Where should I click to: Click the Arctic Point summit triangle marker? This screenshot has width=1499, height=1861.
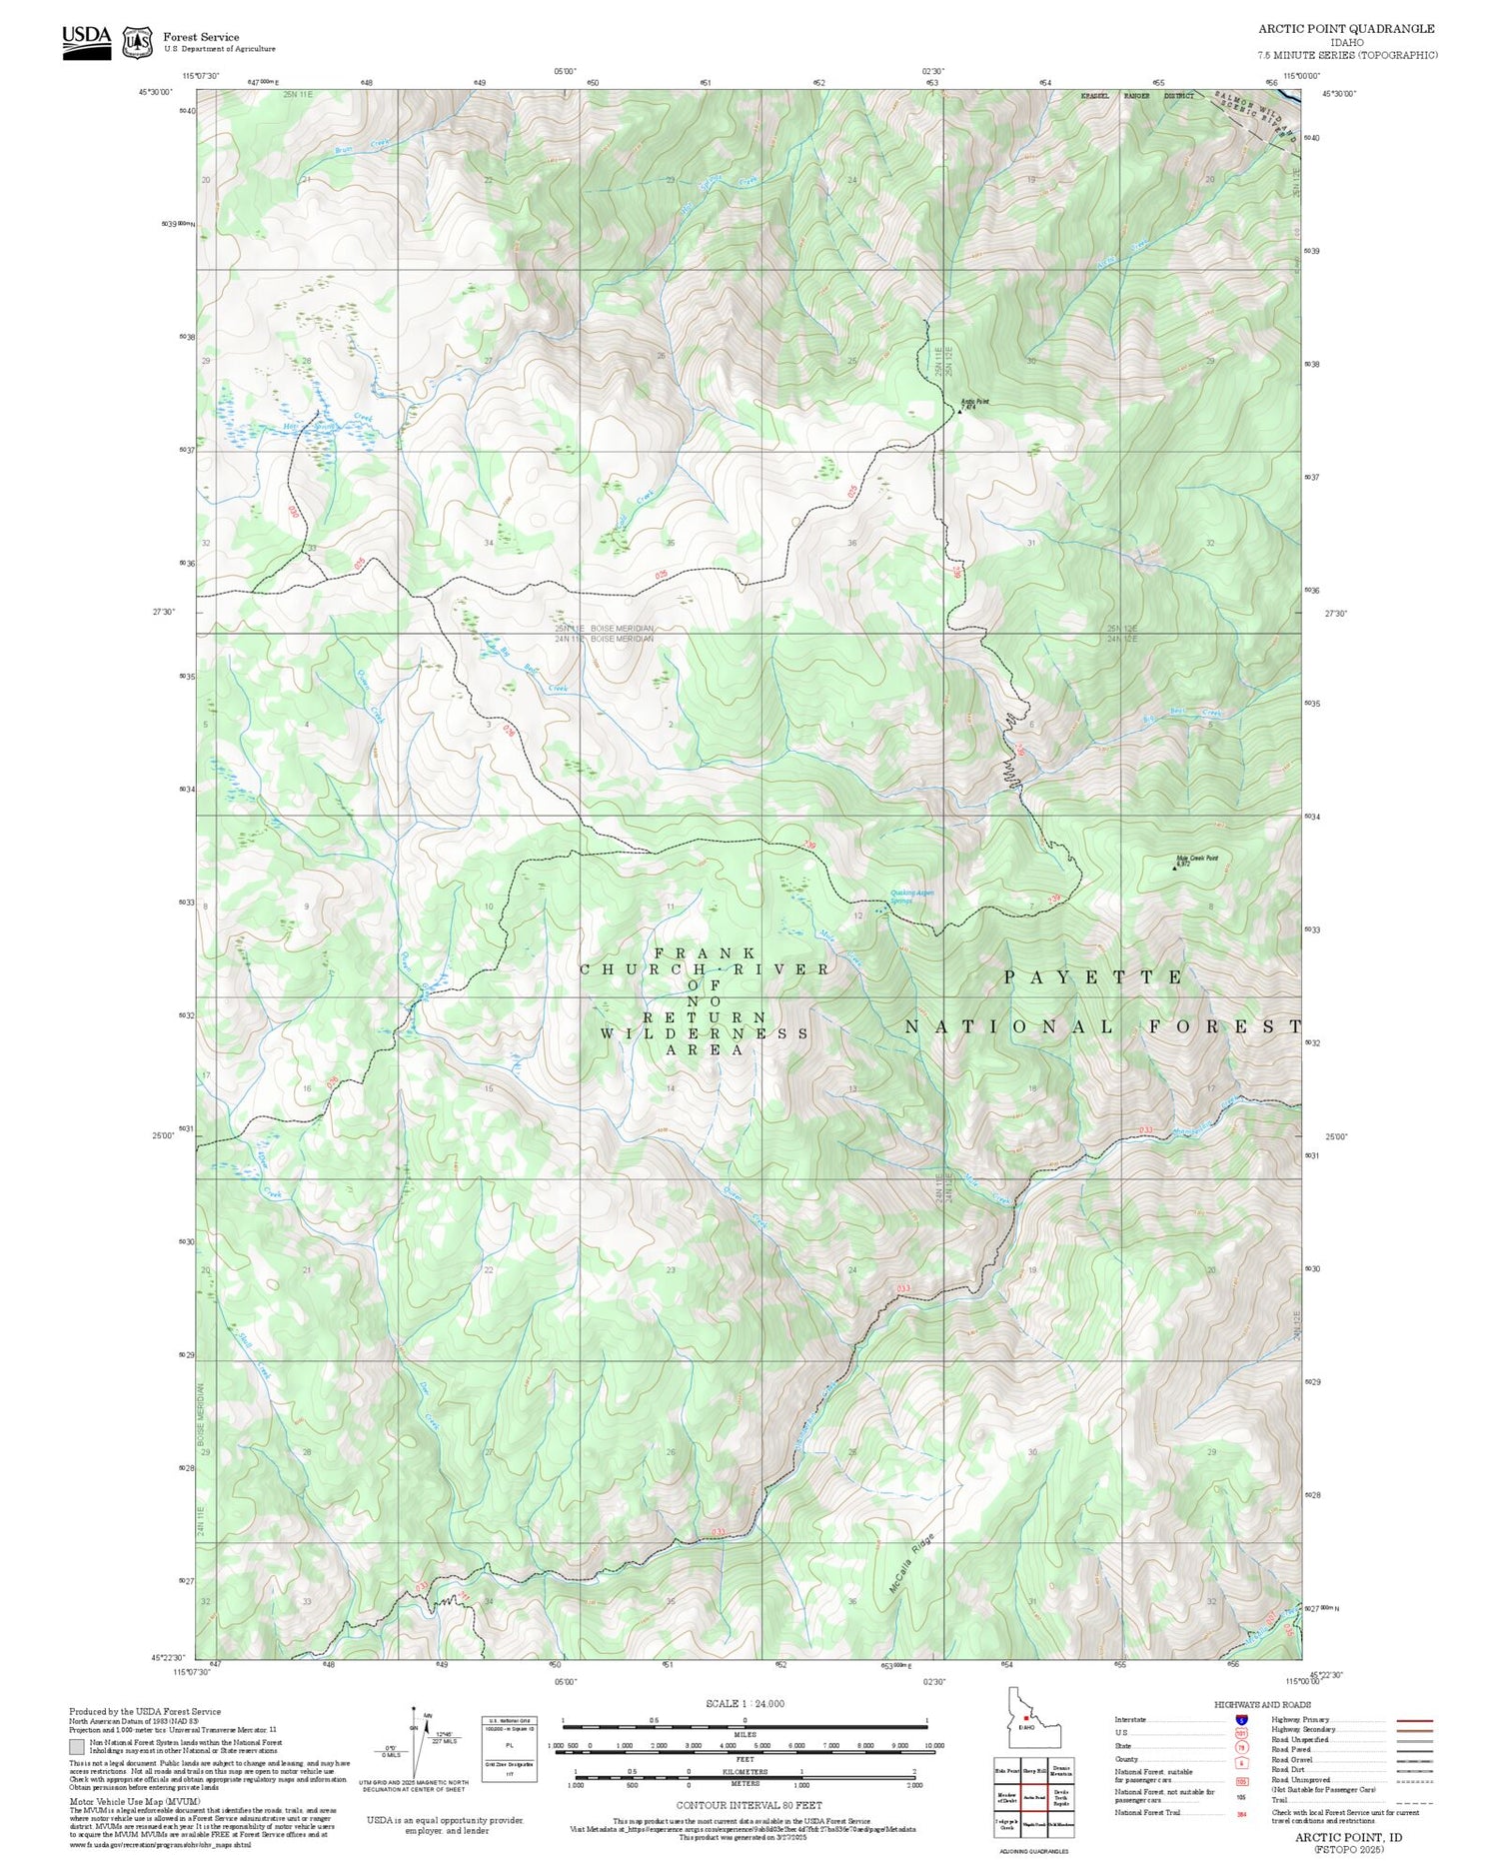[960, 410]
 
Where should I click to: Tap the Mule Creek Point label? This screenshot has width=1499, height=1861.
[1196, 858]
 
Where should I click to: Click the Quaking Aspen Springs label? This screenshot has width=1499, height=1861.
[912, 897]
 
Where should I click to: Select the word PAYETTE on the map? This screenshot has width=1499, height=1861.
[1093, 976]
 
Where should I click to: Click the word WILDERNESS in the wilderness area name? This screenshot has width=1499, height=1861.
[704, 1033]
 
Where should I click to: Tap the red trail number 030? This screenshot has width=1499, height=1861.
[294, 512]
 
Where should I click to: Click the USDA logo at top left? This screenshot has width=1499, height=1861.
[87, 42]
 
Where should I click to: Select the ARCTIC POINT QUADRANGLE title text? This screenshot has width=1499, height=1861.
[1346, 29]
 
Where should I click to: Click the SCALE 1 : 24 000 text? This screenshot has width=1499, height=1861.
[745, 1703]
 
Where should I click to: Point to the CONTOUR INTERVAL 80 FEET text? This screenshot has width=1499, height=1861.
[749, 1805]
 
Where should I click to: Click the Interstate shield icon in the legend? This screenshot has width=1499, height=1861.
[1242, 1719]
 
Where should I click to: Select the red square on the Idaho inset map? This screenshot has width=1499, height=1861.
[1025, 1718]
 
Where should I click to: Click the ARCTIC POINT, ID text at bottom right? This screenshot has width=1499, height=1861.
[1348, 1837]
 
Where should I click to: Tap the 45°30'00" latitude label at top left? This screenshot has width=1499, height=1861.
[155, 93]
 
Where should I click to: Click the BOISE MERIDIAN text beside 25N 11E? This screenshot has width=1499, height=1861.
[622, 628]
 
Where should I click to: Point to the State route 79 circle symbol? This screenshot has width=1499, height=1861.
[1242, 1747]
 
